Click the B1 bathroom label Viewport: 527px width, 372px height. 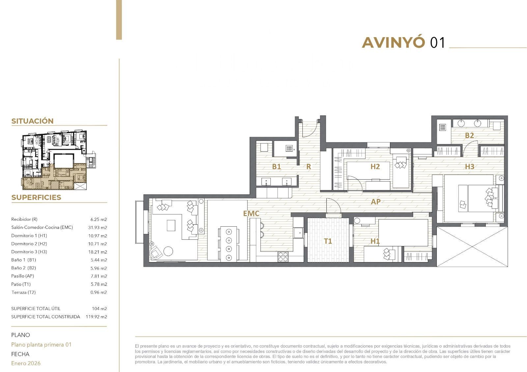click(276, 167)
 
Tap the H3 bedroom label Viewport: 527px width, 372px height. click(470, 167)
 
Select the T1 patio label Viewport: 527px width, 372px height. click(328, 241)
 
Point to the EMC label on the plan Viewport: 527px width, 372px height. click(251, 213)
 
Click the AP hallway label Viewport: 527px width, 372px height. click(376, 202)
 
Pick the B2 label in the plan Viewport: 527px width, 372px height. click(469, 136)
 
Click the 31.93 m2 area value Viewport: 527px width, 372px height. click(97, 228)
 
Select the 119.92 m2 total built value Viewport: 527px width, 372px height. click(96, 317)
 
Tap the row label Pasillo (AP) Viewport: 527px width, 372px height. click(23, 276)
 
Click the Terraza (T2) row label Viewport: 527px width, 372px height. click(23, 292)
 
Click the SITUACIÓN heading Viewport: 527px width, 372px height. click(33, 121)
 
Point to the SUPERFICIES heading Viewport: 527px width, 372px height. click(36, 197)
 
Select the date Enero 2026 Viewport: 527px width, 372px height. click(26, 363)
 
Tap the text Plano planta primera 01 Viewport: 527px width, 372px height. click(42, 345)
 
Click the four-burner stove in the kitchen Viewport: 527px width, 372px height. click(283, 257)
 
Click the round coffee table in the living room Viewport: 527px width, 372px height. click(168, 251)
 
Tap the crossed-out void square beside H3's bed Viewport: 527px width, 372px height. click(472, 246)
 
